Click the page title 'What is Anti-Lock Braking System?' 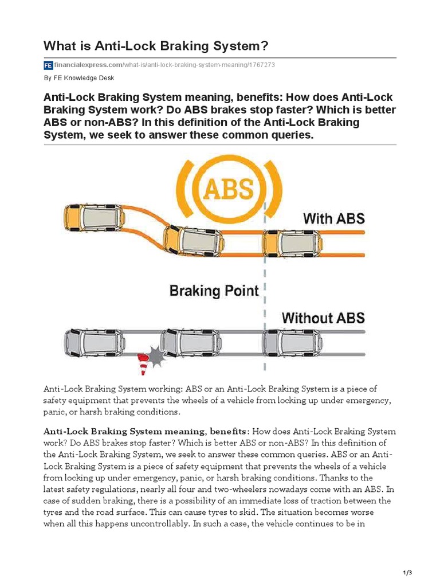156,45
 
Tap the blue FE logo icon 48,65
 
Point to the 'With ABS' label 333,218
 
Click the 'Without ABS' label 323,318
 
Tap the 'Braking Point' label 214,291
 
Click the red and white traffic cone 143,363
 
